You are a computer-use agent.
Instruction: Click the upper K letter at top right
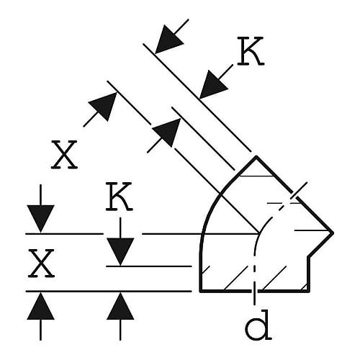tap(251, 51)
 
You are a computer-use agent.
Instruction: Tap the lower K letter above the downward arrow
tap(119, 197)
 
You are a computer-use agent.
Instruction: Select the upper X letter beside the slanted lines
tap(64, 155)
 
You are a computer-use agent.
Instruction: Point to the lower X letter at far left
tap(41, 264)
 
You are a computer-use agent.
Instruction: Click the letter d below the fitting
tap(258, 325)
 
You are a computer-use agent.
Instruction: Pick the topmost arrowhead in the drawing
tap(168, 39)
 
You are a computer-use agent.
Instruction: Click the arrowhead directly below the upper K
tap(213, 84)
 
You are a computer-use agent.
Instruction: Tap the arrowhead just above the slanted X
tap(103, 107)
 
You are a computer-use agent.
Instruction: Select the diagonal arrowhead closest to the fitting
tap(167, 132)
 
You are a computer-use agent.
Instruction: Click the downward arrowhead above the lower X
tap(40, 219)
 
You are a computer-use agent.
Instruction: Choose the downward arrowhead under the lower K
tap(120, 252)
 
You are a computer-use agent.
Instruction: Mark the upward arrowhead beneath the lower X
tap(40, 306)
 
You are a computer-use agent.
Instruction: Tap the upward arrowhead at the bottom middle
tap(120, 306)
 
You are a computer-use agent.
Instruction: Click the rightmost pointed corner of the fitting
tap(333, 233)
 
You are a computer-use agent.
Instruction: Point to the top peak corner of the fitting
tap(256, 157)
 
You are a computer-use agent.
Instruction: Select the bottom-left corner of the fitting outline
tap(201, 291)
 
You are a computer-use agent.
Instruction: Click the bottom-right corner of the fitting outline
tap(309, 291)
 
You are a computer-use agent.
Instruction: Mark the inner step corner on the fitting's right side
tap(309, 258)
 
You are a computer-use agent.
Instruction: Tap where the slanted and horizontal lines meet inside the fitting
tap(260, 233)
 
